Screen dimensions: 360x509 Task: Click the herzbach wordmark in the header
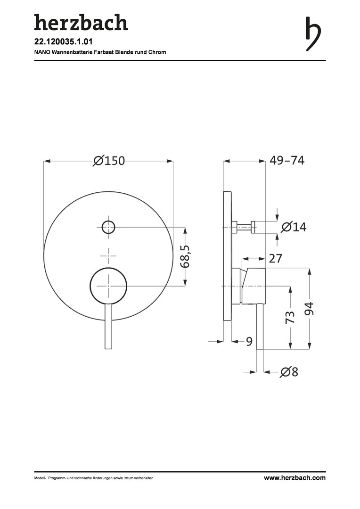[81, 23]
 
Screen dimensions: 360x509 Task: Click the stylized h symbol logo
[313, 34]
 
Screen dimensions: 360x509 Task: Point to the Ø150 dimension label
[109, 161]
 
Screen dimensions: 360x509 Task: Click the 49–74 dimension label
[287, 160]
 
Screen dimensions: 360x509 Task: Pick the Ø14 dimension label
[294, 227]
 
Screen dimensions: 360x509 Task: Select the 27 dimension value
[276, 259]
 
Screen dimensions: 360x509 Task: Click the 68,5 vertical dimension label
[185, 256]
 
